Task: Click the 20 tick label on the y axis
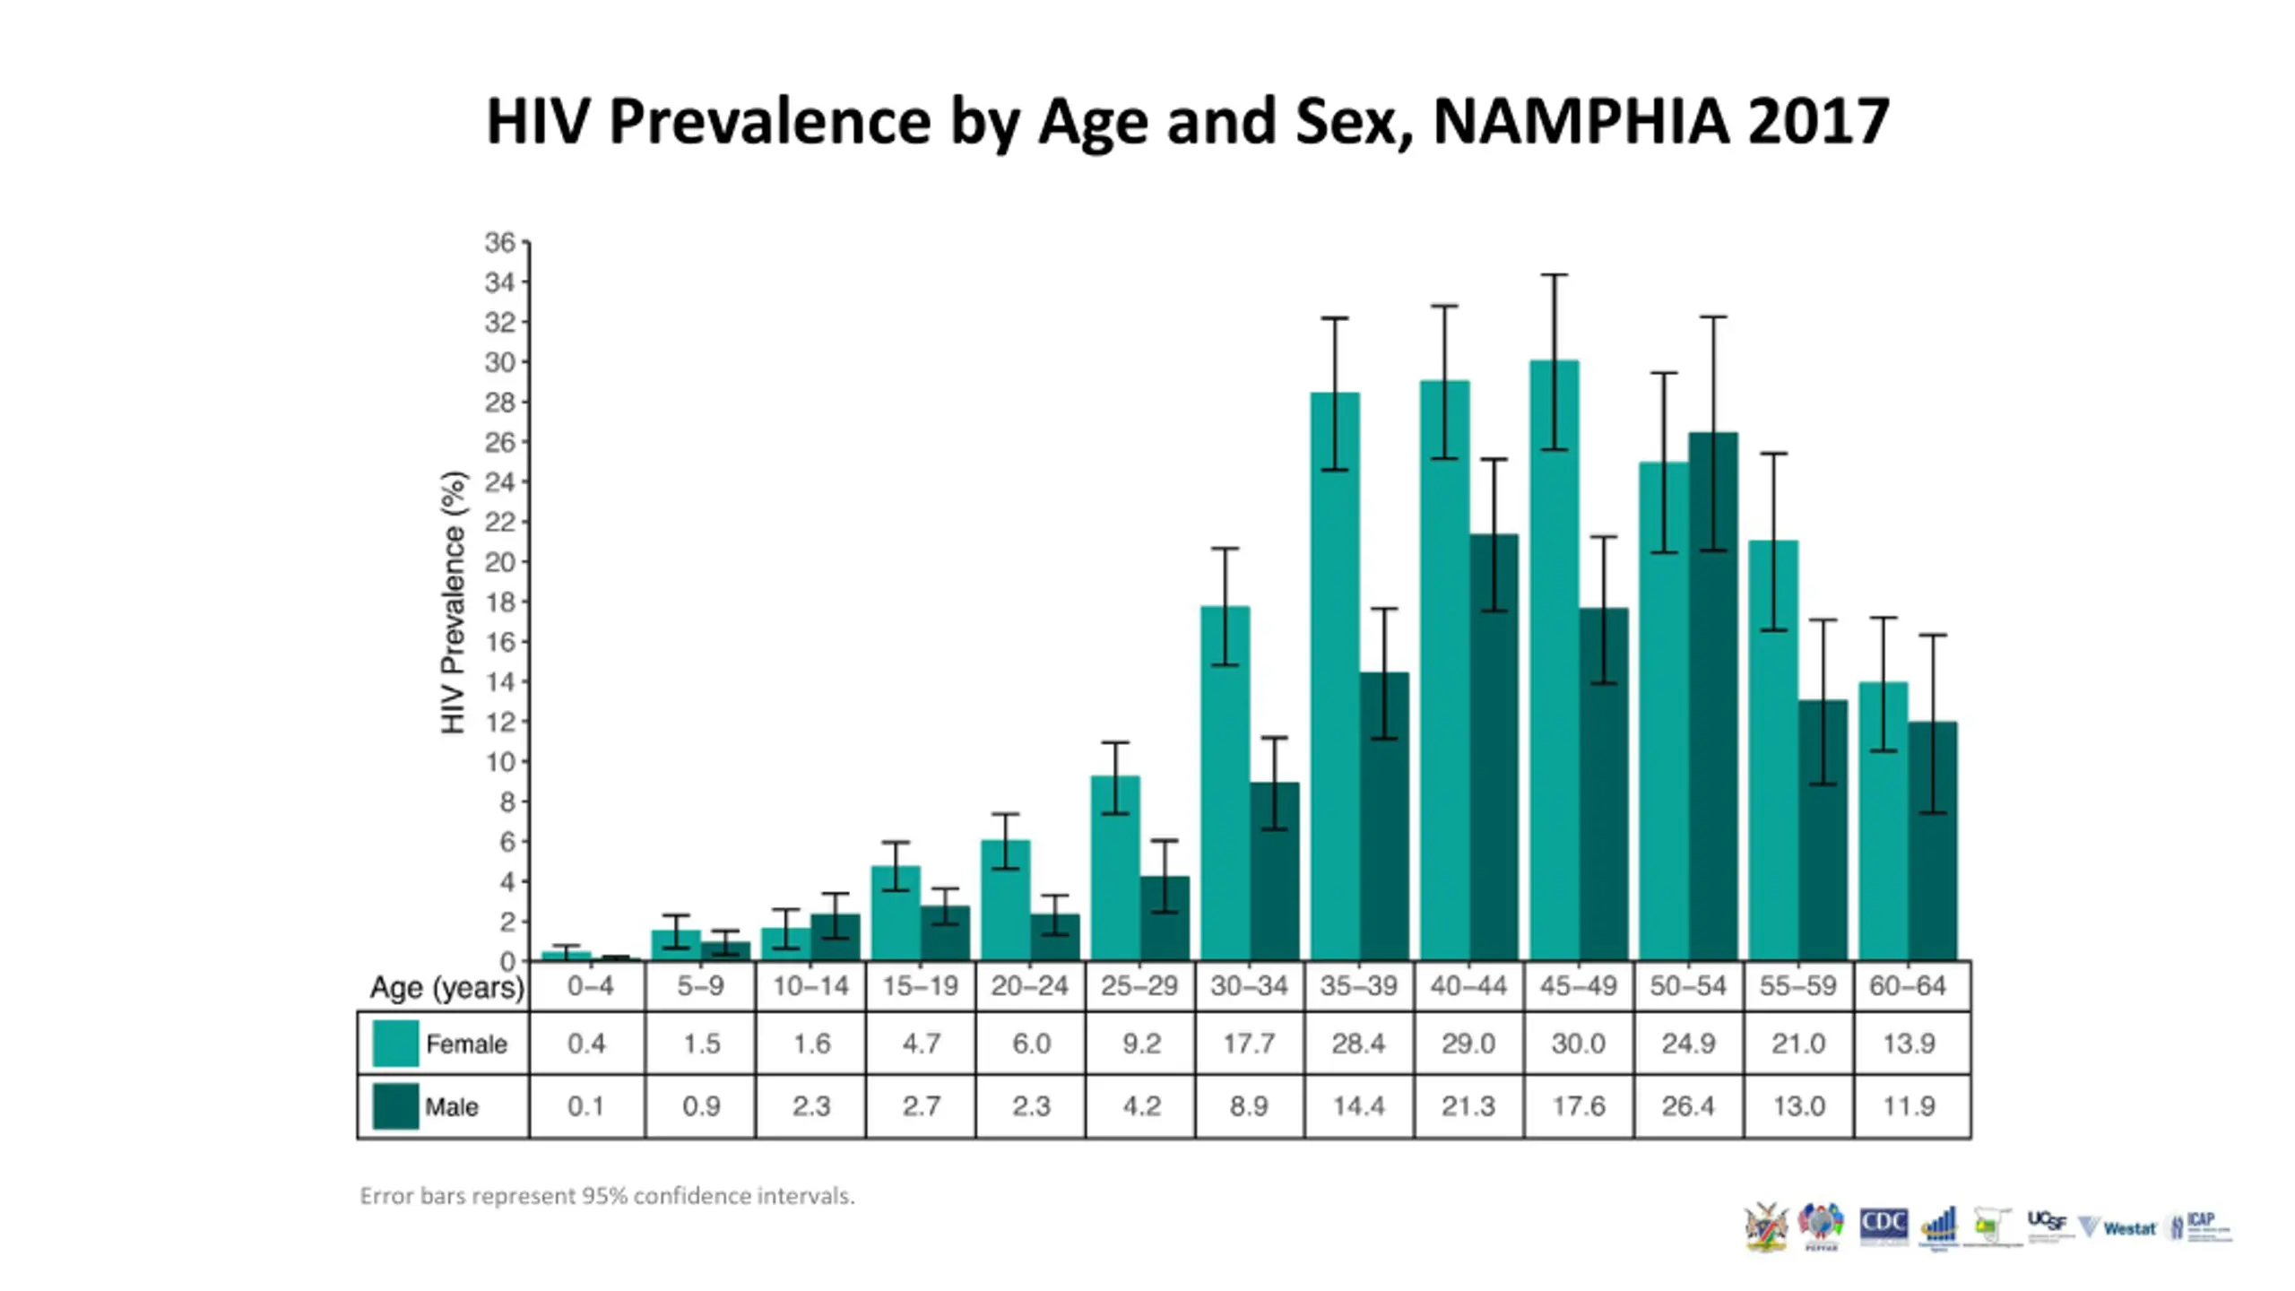coord(500,562)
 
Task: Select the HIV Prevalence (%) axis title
coord(454,602)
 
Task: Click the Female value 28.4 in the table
coord(1358,1044)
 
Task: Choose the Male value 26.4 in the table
coord(1688,1106)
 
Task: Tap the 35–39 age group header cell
coord(1358,986)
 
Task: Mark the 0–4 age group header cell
coord(590,986)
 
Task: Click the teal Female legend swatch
coord(395,1044)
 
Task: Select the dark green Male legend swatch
coord(395,1106)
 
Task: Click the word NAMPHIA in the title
coord(1581,121)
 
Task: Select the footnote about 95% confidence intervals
coord(607,1196)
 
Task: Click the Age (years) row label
coord(446,988)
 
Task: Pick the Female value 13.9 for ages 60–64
coord(1909,1044)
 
